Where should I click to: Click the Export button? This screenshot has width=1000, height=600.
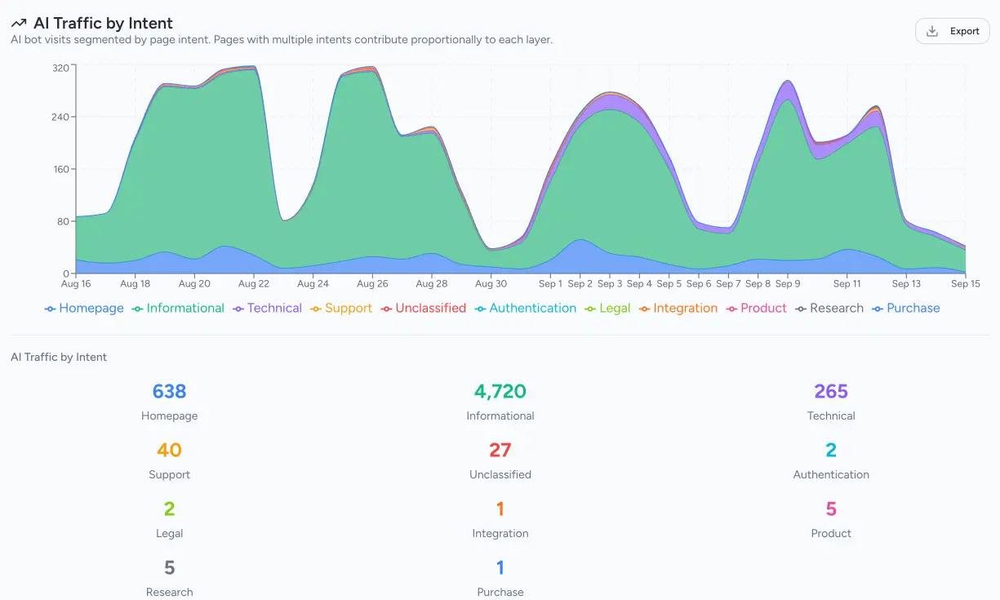click(x=953, y=31)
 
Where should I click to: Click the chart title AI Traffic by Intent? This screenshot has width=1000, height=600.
click(x=103, y=24)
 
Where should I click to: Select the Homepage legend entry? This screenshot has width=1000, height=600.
click(x=85, y=309)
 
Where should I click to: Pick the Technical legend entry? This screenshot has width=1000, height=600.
click(x=268, y=309)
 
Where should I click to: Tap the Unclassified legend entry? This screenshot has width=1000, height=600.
click(x=424, y=309)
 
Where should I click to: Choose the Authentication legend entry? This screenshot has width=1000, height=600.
click(x=526, y=309)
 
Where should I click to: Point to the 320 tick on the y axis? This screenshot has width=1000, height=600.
click(x=60, y=69)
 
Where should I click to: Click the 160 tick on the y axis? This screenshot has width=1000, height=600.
click(x=60, y=170)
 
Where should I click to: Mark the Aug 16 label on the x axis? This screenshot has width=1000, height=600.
click(x=76, y=284)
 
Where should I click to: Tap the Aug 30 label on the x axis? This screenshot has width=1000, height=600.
click(x=491, y=284)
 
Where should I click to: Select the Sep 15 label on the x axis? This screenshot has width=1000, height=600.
click(x=966, y=284)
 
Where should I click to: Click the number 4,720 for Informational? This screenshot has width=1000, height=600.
click(x=500, y=392)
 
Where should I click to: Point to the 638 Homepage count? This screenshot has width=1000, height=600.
click(x=170, y=392)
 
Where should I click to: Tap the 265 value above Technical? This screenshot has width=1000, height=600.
click(x=831, y=392)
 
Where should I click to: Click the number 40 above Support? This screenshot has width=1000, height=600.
click(x=170, y=451)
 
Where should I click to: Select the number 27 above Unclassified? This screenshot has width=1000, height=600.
click(x=500, y=451)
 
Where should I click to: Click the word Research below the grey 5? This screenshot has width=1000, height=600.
click(x=170, y=592)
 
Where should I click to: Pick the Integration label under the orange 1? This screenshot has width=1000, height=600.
click(x=500, y=534)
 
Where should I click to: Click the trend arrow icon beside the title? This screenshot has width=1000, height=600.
click(x=19, y=24)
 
